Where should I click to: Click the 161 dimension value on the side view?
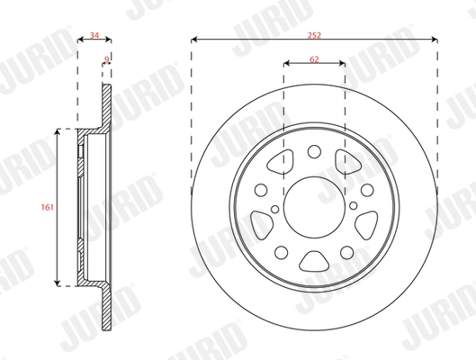(x=46, y=207)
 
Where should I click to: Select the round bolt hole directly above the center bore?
(x=314, y=152)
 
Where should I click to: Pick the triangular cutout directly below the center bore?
(x=314, y=260)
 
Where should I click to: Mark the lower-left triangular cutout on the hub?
(x=263, y=220)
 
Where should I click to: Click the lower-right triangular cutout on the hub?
(x=365, y=220)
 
